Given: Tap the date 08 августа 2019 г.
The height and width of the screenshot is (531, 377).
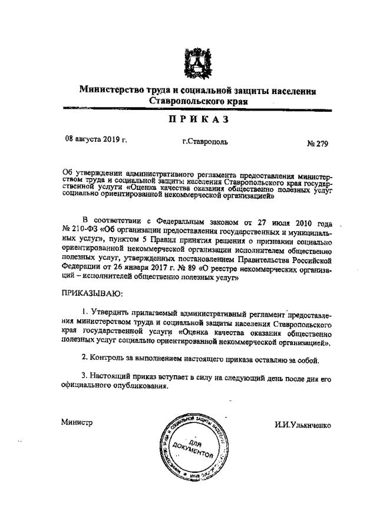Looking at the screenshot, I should (x=96, y=141).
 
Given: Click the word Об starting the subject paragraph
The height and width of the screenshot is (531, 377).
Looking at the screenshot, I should (x=67, y=175).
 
